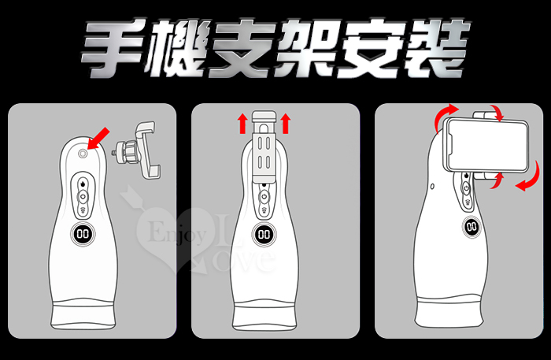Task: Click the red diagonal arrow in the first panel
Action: pyautogui.click(x=98, y=139)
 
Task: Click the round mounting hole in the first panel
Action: pyautogui.click(x=83, y=154)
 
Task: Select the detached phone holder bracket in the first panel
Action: pyautogui.click(x=137, y=150)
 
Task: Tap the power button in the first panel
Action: pyautogui.click(x=83, y=196)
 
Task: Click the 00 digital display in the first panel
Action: pyautogui.click(x=83, y=234)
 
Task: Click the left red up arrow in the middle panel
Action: pyautogui.click(x=242, y=124)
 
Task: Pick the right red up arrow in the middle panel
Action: pyautogui.click(x=285, y=124)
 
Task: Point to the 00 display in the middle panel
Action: pyautogui.click(x=264, y=235)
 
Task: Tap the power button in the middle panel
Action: pyautogui.click(x=264, y=197)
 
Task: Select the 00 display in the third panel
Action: pyautogui.click(x=471, y=227)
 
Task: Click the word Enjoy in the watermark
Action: pyautogui.click(x=177, y=232)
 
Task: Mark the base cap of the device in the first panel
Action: pyautogui.click(x=83, y=315)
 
